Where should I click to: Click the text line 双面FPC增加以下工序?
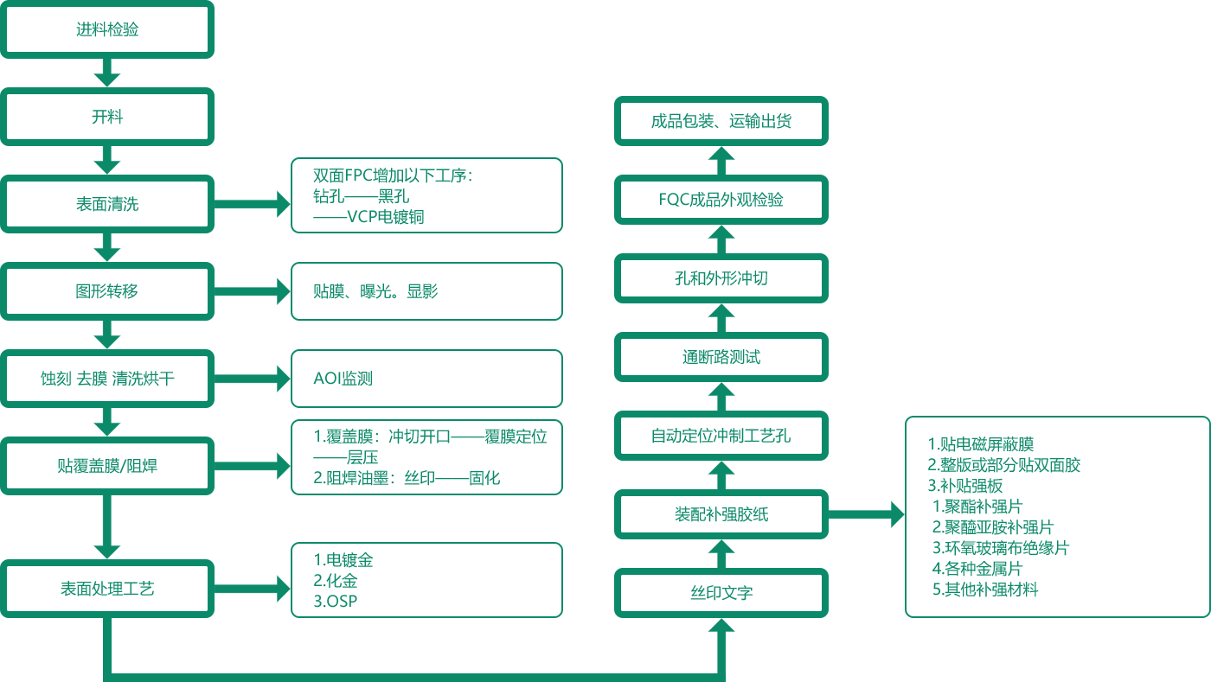point(390,176)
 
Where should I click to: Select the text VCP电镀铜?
point(385,217)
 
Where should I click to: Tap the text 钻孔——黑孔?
point(362,197)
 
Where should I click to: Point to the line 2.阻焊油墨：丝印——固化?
point(407,478)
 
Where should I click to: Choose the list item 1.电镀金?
point(343,559)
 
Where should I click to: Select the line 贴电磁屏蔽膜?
point(986,445)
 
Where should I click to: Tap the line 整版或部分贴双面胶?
point(1008,466)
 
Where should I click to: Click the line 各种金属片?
point(981,570)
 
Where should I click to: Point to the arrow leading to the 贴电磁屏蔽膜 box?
point(869,514)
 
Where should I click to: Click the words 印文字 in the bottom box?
point(723,593)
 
